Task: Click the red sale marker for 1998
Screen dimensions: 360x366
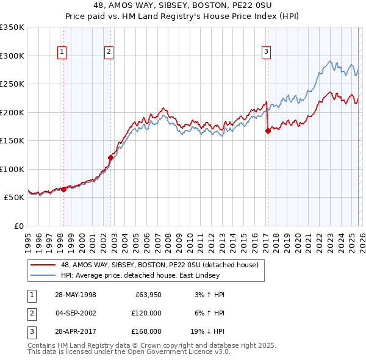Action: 63,189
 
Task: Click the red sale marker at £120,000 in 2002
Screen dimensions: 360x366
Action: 110,157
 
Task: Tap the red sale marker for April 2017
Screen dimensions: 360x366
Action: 268,131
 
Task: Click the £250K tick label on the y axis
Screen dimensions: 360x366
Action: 12,84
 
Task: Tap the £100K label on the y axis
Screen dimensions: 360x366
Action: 12,169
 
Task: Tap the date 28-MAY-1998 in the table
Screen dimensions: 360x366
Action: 75,294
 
